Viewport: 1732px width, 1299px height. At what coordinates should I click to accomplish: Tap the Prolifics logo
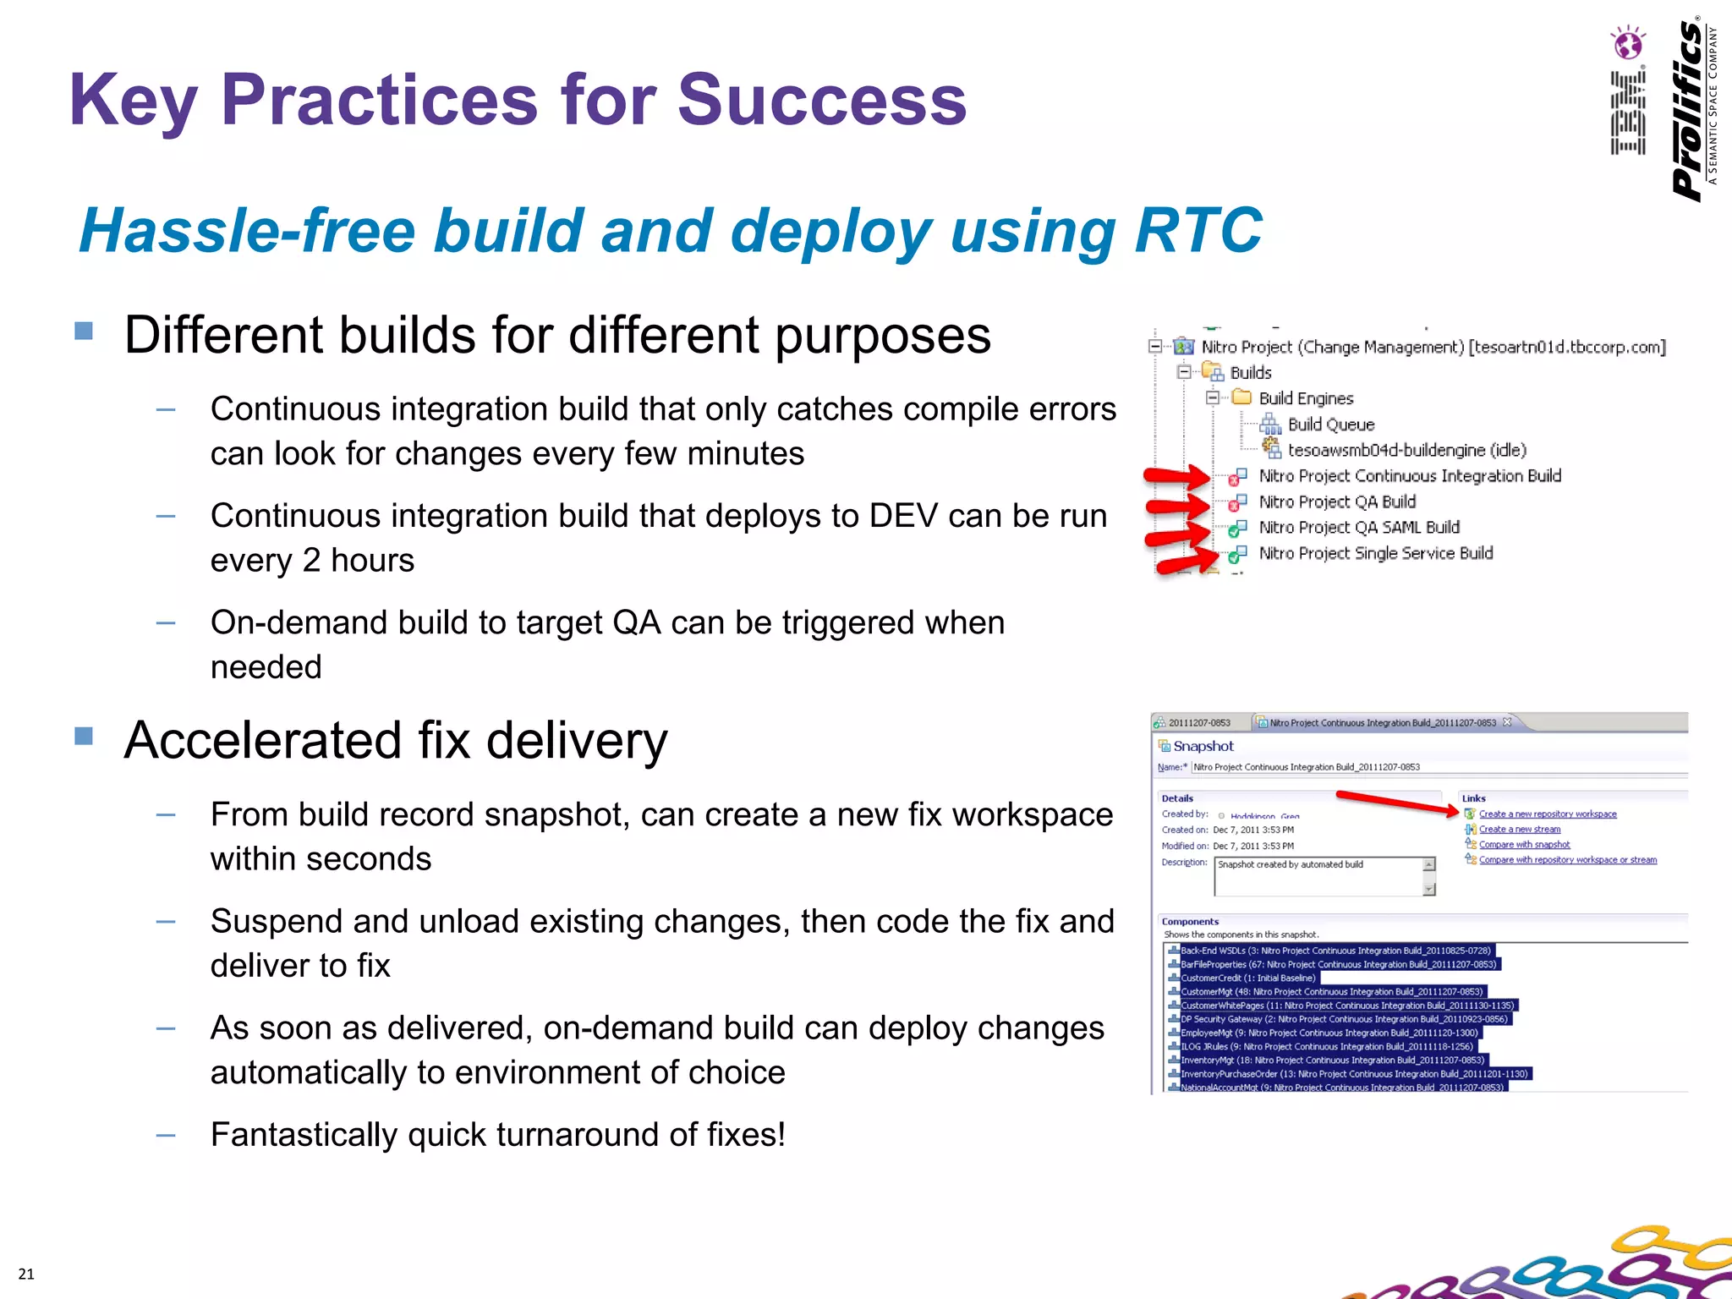(1692, 110)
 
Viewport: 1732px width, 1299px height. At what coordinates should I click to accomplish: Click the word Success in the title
(821, 101)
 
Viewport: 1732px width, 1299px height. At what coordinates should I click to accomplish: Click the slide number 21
(26, 1274)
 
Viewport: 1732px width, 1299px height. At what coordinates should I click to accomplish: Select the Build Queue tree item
(1330, 425)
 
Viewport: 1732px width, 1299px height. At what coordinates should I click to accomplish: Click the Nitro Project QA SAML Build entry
(1359, 528)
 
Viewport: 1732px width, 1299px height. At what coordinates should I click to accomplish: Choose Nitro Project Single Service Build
(1375, 553)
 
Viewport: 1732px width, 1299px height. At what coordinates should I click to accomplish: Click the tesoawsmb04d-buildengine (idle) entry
(1406, 450)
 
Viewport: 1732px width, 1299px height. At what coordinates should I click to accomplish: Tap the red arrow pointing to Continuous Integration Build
(1176, 477)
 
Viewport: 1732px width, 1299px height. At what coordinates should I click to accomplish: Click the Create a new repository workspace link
(1547, 814)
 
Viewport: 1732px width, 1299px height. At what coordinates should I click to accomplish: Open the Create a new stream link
(1519, 829)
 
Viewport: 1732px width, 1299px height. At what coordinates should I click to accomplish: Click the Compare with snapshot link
(1524, 844)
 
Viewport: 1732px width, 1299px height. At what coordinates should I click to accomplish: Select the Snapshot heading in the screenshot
(1203, 746)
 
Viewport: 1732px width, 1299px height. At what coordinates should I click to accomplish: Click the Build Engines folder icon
(1241, 397)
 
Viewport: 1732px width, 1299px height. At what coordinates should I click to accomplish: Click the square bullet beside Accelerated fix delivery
(84, 736)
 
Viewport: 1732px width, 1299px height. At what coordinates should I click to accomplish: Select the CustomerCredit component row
(1247, 978)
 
